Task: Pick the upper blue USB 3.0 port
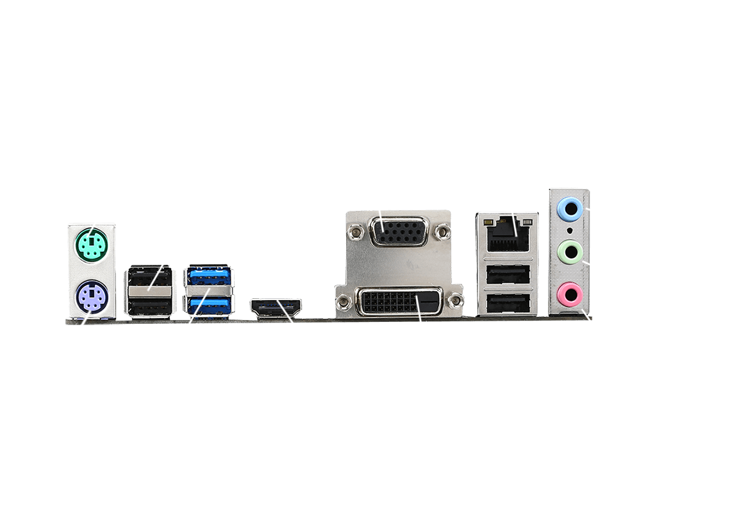click(x=208, y=278)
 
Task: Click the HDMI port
click(x=275, y=308)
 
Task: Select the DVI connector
click(x=399, y=301)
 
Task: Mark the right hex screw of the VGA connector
click(x=441, y=229)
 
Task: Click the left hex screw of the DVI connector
click(x=345, y=299)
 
